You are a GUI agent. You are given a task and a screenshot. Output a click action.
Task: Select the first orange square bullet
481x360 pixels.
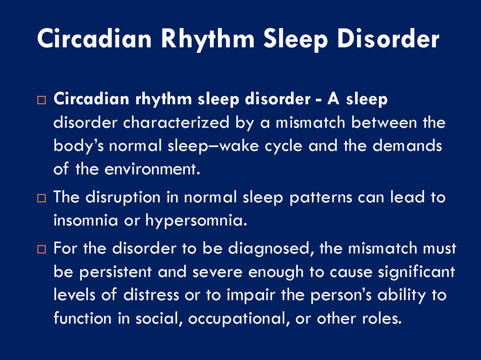point(41,100)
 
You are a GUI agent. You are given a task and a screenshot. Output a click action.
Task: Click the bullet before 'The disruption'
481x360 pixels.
point(41,198)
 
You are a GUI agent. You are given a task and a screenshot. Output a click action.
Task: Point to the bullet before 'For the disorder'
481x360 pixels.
point(41,249)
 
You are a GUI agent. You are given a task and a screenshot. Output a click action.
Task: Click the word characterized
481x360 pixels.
point(176,123)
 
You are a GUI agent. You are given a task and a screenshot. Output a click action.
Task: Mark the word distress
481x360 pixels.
point(151,295)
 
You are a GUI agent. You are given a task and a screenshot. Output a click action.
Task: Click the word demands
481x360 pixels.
point(407,146)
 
